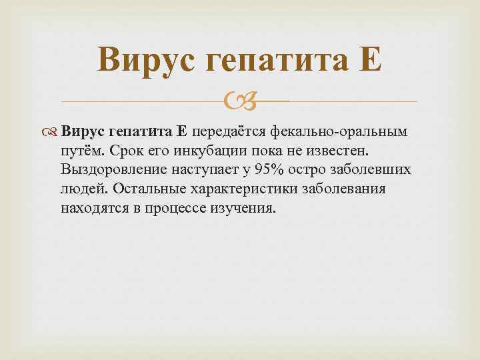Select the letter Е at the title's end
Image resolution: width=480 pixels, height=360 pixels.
click(x=371, y=62)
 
